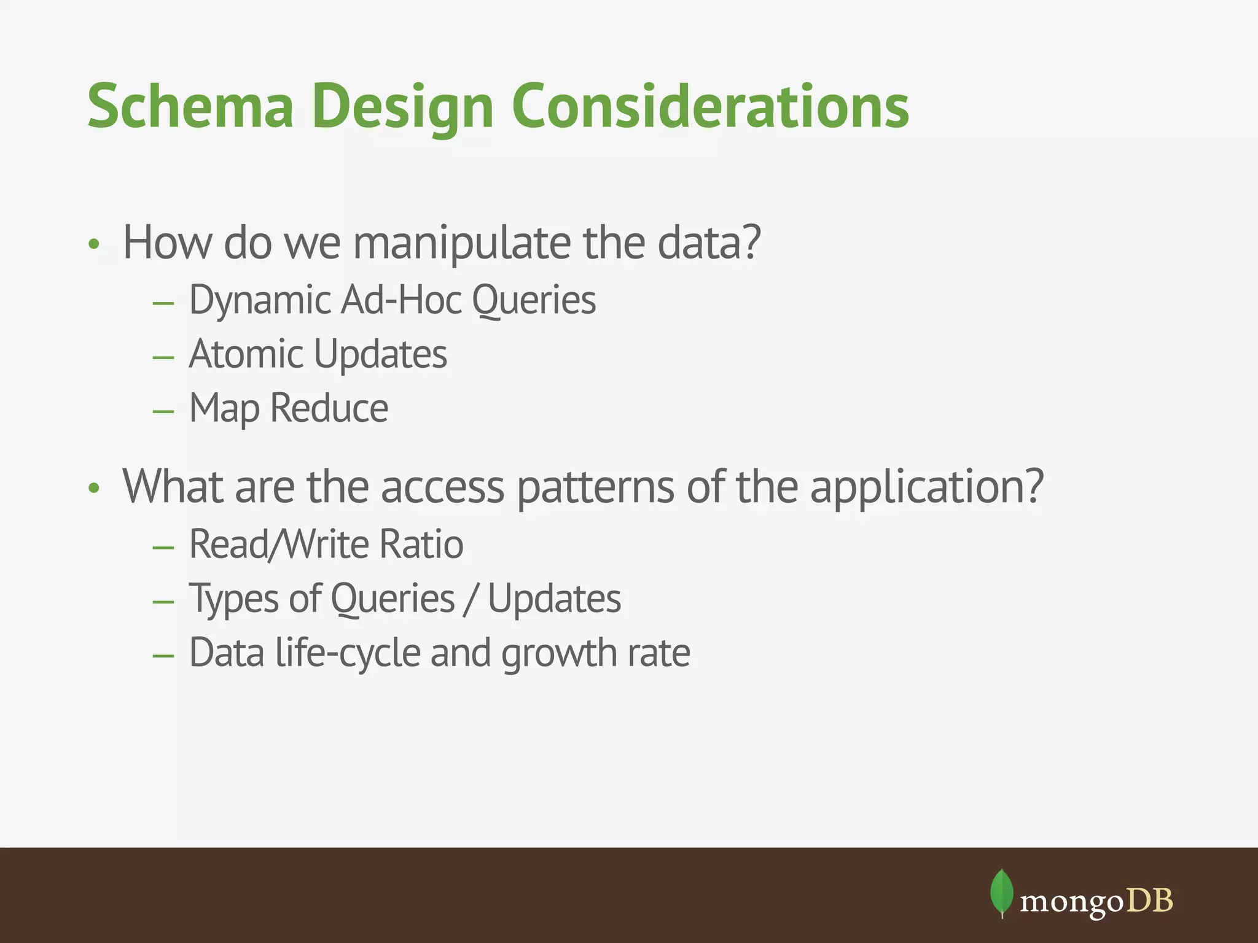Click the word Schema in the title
190,107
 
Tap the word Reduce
329,408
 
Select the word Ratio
421,544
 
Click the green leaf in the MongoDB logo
1001,892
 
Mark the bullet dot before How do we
93,245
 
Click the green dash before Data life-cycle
163,656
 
